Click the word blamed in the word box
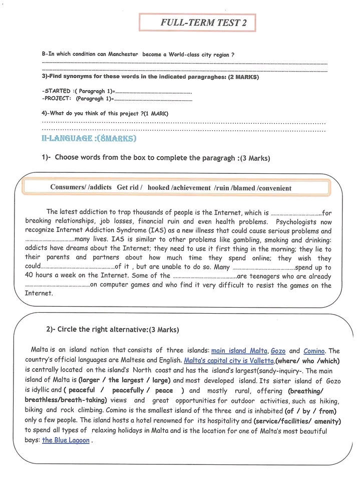pyautogui.click(x=243, y=188)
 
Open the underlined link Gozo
pyautogui.click(x=278, y=351)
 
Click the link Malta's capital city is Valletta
pyautogui.click(x=229, y=361)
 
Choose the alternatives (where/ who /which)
pyautogui.click(x=308, y=361)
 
